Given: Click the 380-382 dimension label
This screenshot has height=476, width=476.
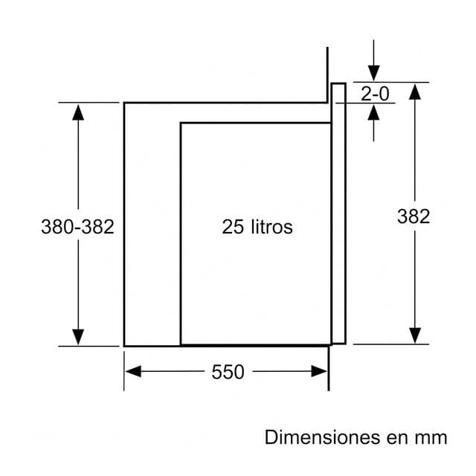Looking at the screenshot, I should point(77,227).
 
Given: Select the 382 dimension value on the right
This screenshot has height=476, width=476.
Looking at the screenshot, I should point(414,216).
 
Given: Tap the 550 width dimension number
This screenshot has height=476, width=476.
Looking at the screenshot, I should point(228,372).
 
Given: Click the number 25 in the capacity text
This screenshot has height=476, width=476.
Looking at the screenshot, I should point(233,227).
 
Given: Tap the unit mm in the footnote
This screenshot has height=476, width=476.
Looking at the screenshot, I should point(433,437).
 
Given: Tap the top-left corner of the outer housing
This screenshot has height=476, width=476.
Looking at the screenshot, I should point(124,103).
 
